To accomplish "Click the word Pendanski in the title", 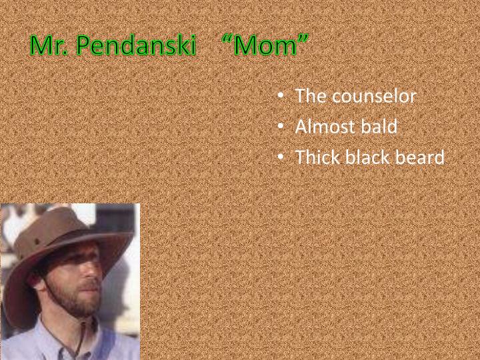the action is tap(135, 45).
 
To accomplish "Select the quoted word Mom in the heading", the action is tap(265, 46).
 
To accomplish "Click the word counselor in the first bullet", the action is tap(374, 96).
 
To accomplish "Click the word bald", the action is tap(379, 126).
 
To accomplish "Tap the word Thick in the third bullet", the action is tap(317, 157).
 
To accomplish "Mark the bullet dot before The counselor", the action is tap(281, 95).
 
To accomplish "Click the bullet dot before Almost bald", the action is tap(281, 126).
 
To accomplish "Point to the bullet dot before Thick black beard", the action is tap(281, 157).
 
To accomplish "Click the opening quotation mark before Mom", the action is tap(227, 39).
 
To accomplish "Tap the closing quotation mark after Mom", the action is tap(303, 39).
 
